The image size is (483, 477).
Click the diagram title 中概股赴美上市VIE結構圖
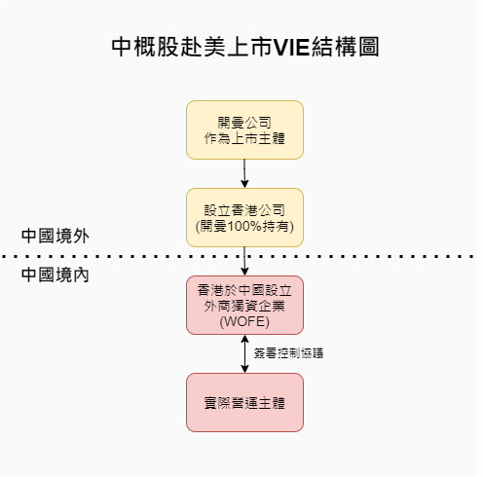click(245, 47)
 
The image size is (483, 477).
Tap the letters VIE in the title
click(291, 47)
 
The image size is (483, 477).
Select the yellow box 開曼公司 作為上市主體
click(244, 129)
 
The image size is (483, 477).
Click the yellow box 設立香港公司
click(244, 217)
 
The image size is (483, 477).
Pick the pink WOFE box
click(244, 305)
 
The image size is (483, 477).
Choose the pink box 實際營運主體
click(244, 402)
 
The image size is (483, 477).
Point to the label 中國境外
click(56, 236)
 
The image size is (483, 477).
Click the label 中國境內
click(56, 275)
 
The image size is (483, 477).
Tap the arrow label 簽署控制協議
click(288, 353)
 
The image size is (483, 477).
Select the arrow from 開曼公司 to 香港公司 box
click(244, 173)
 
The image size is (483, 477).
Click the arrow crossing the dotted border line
click(244, 261)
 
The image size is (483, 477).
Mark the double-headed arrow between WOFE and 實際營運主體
click(244, 353)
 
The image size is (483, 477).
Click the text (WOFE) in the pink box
click(244, 321)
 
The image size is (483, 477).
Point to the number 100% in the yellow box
click(244, 226)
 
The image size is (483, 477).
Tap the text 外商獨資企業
click(244, 306)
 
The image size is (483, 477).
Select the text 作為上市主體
click(244, 138)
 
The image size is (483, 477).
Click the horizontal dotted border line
click(237, 256)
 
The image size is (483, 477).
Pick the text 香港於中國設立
click(244, 290)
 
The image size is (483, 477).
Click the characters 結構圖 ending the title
click(345, 47)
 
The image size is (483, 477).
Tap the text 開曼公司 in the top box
click(244, 123)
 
